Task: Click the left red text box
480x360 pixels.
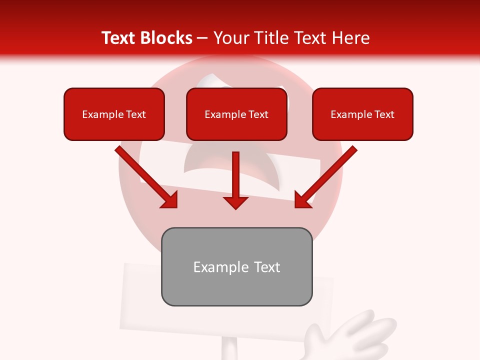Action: point(114,114)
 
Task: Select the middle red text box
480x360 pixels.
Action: point(236,114)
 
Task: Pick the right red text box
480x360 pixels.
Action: point(362,114)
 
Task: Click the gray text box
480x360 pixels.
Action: point(236,266)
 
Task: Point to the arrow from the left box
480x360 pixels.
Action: point(145,175)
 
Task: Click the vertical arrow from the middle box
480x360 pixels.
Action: point(235,175)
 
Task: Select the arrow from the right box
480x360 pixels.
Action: point(327,175)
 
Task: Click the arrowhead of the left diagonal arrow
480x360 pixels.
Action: point(170,200)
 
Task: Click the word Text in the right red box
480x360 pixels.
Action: point(384,114)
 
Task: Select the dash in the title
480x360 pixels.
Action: point(203,38)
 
